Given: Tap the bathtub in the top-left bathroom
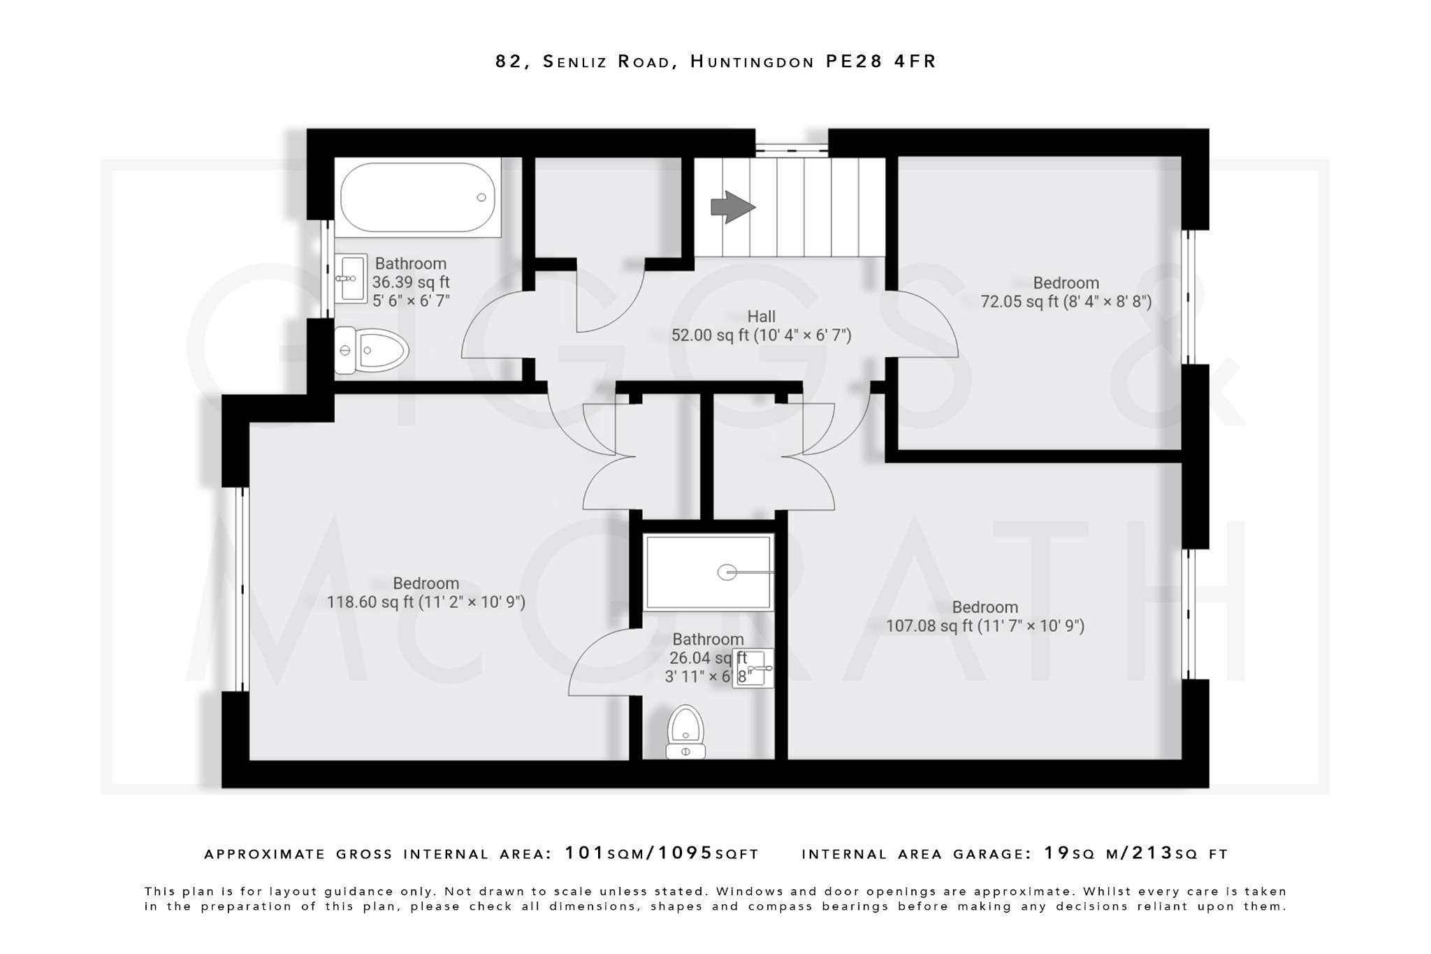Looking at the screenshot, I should tap(417, 198).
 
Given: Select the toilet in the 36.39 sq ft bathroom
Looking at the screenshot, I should tap(371, 349).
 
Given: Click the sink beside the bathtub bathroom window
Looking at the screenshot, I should tap(351, 278).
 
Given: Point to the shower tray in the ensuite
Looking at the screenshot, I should tap(709, 572).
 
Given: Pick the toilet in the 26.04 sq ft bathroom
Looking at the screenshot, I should tap(685, 732).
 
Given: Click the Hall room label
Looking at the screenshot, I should tap(761, 316).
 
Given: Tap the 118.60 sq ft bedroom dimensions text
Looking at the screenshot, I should tap(426, 602).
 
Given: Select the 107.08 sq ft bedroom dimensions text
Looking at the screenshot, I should tap(985, 626).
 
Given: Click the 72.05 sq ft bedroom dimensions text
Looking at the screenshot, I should tap(1066, 301).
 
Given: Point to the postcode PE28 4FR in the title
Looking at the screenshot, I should tap(880, 62).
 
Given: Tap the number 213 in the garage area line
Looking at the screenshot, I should tap(1152, 853).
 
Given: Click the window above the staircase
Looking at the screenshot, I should tap(792, 148).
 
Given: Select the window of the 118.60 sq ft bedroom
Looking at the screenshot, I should tap(242, 588).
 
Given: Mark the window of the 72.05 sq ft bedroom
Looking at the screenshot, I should tap(1189, 296).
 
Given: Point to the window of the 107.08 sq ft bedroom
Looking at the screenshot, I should tap(1189, 614).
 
